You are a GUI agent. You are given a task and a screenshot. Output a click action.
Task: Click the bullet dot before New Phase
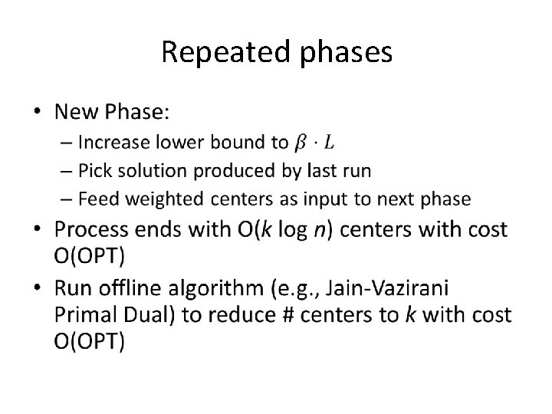(x=40, y=113)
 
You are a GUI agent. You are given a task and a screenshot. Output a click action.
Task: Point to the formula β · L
(x=314, y=142)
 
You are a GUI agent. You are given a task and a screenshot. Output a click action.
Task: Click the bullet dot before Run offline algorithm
(x=40, y=290)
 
